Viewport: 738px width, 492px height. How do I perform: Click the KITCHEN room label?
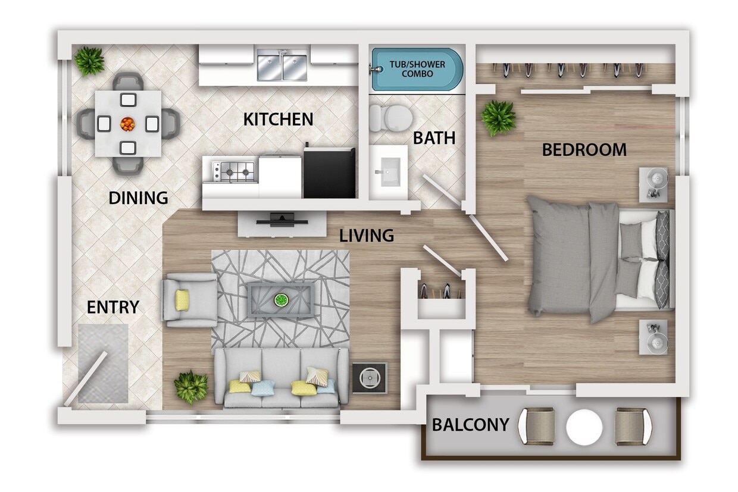278,119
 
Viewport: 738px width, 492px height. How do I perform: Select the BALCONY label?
470,425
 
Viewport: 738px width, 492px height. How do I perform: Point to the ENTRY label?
112,307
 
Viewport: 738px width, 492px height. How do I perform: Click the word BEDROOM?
584,150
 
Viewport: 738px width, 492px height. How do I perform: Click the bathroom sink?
388,173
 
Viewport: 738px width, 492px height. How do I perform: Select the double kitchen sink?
282,65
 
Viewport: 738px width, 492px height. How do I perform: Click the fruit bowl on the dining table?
127,124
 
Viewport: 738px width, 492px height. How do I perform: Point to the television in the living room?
282,220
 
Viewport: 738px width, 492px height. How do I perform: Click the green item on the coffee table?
280,301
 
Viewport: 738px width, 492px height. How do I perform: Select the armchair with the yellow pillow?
189,300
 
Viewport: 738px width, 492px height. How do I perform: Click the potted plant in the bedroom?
498,117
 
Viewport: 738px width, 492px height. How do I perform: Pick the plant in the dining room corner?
89,61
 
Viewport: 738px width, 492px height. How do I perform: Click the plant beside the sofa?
191,387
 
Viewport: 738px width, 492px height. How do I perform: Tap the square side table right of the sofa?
369,378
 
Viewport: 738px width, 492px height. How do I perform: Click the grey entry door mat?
103,363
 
